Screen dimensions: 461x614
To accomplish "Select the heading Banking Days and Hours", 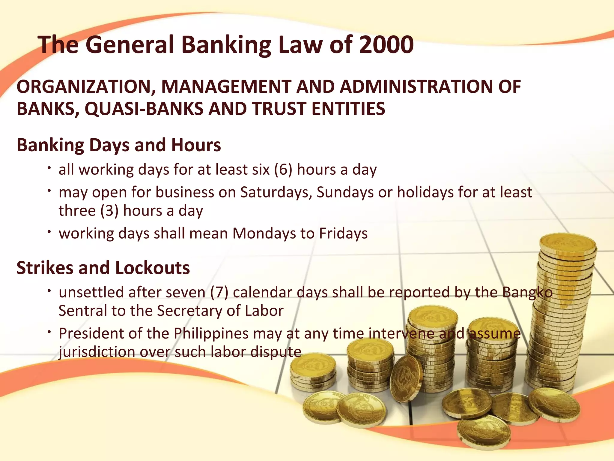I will click(x=119, y=145).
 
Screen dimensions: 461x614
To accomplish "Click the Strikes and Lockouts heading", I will click(x=103, y=268).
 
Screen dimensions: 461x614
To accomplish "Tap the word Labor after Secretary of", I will click(x=264, y=311).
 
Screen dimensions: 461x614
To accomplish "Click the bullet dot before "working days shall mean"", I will click(x=49, y=232).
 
